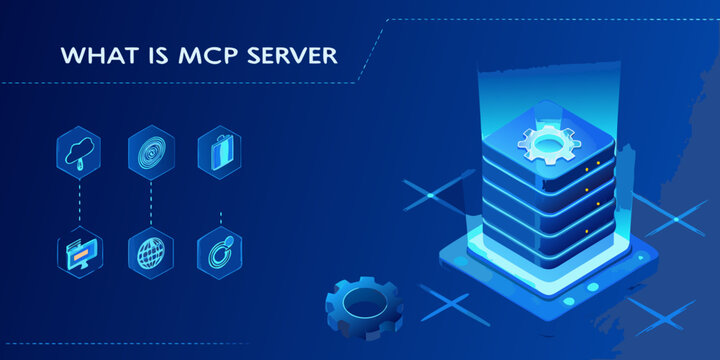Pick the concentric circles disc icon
150,151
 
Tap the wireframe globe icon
150,251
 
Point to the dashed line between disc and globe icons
150,201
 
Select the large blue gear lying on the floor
362,305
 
